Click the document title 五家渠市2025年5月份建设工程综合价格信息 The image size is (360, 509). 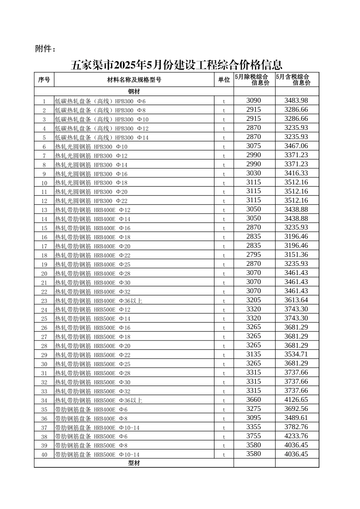[x=177, y=65]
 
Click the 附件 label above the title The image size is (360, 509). [x=45, y=49]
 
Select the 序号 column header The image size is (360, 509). [x=44, y=80]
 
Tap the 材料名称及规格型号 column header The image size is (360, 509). [x=134, y=80]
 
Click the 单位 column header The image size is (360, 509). [x=224, y=80]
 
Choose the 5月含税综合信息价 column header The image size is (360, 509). [x=297, y=80]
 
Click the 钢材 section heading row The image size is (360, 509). [x=134, y=92]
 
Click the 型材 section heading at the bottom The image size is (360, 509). [x=134, y=463]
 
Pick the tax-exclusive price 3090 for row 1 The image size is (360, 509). [x=254, y=101]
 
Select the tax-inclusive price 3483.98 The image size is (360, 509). [x=296, y=101]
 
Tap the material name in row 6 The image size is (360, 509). [x=91, y=147]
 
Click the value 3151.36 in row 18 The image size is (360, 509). [x=296, y=255]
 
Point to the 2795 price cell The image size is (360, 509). [x=254, y=255]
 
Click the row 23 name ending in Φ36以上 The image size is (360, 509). [x=99, y=301]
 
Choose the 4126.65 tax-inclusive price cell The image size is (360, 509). [x=296, y=400]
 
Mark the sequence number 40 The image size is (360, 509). [x=44, y=454]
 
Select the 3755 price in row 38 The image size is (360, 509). [x=254, y=436]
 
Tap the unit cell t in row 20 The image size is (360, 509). [x=224, y=274]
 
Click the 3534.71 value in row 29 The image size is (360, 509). [x=296, y=354]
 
